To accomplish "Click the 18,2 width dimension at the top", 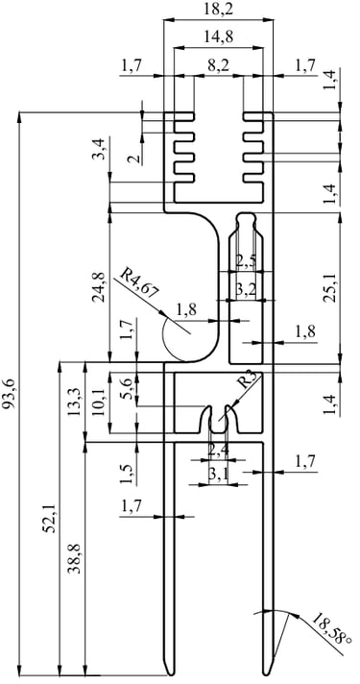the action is tap(218, 9).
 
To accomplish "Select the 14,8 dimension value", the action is tap(218, 37).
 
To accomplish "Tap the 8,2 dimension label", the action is tap(218, 66).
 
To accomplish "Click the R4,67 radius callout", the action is tap(139, 283).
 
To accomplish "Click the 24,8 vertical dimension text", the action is tap(98, 287).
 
